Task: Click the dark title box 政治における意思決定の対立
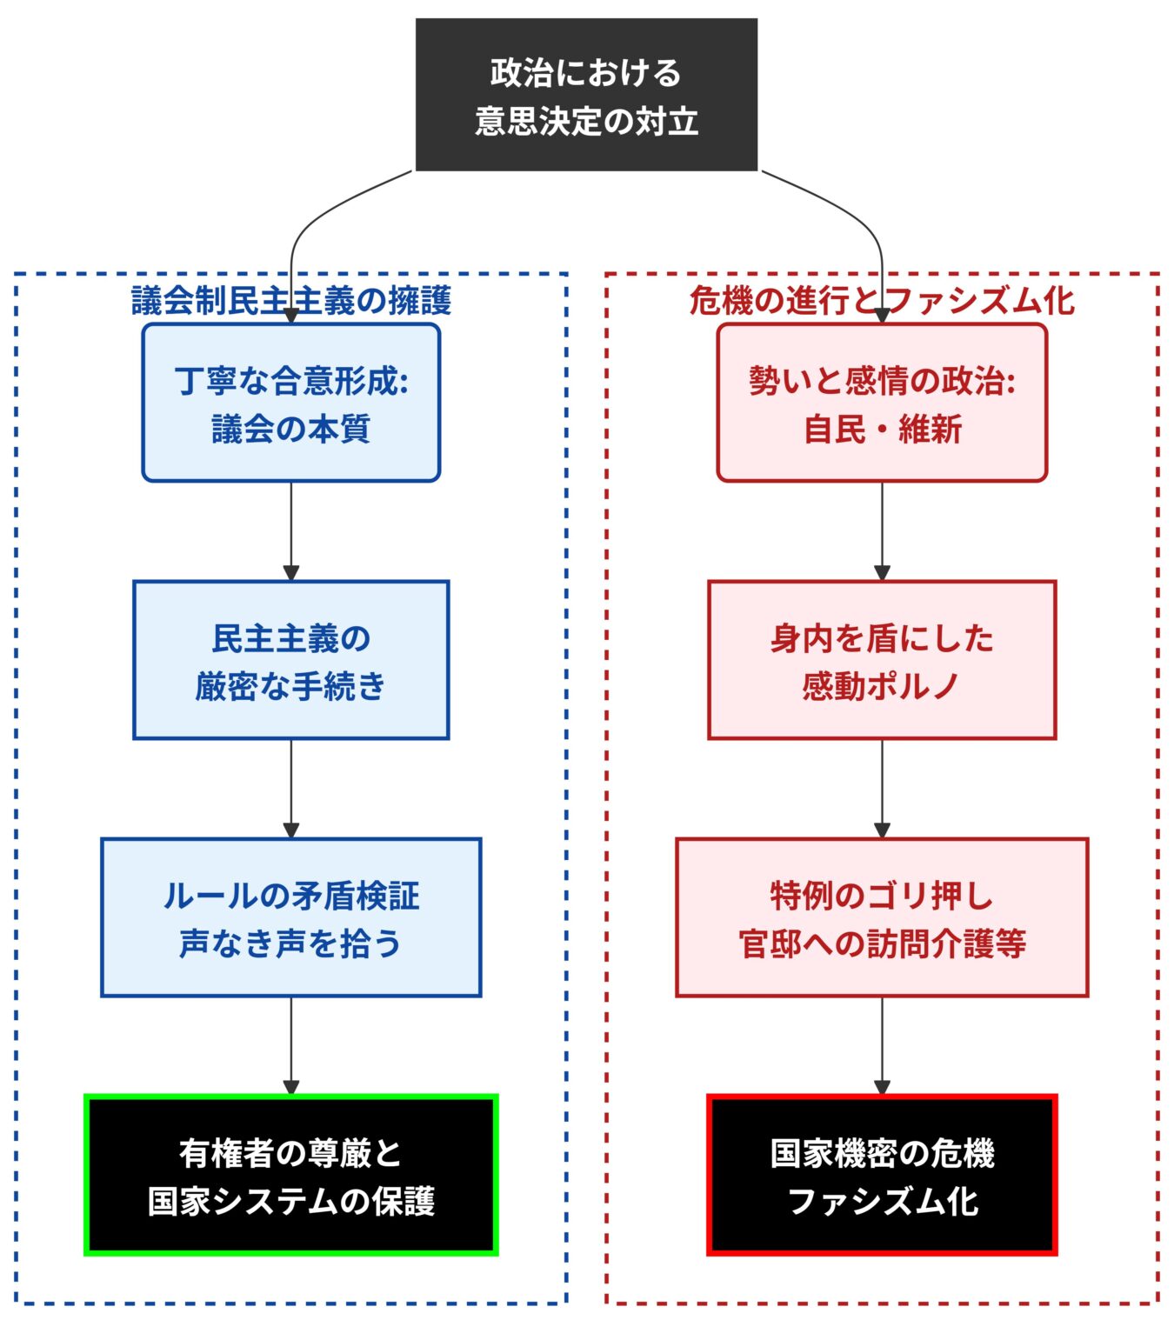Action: [586, 95]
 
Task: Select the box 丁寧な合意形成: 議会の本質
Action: [290, 403]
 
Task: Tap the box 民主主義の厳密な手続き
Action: [290, 660]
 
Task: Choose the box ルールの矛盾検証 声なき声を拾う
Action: [290, 917]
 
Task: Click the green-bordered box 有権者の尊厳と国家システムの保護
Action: [290, 1175]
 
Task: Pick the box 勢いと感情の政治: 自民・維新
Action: [882, 403]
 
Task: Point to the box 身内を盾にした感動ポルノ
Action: [882, 660]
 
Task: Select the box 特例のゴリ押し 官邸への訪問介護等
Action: [882, 917]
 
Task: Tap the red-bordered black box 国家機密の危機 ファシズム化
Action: [882, 1175]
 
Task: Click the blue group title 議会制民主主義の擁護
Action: [290, 301]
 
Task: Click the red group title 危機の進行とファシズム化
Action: [882, 301]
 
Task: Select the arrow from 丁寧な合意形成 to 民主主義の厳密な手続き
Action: [290, 530]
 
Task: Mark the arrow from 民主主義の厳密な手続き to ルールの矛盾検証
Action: [290, 788]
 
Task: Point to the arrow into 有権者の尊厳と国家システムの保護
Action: [290, 1045]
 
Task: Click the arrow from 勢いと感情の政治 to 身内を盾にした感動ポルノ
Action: [882, 530]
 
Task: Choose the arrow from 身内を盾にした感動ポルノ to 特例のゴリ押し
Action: [882, 788]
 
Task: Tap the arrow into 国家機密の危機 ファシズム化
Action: [882, 1045]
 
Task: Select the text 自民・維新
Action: [882, 429]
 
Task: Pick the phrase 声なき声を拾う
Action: [290, 943]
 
